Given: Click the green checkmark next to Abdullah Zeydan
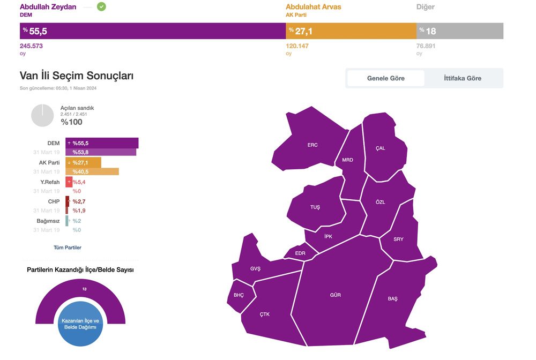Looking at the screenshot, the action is point(101,6).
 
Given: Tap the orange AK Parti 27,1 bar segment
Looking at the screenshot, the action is point(351,31).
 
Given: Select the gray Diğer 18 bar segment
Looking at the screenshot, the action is point(460,31).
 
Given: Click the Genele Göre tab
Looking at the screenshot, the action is point(386,78).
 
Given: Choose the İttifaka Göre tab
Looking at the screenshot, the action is point(463,78).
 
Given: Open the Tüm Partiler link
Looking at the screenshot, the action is point(68,247).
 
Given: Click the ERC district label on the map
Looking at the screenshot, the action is point(312,145).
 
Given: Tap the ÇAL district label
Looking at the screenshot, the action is point(380,148).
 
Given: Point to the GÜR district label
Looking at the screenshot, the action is point(336,295).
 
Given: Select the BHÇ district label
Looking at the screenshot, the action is point(239,295).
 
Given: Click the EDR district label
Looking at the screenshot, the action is point(300,253).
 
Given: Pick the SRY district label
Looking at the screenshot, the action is point(398,239).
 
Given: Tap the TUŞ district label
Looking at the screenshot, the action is point(315,207).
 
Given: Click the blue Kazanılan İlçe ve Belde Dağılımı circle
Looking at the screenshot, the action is point(80,324).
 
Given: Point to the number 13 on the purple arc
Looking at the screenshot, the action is point(85,289).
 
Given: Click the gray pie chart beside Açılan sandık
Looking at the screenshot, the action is point(42,115).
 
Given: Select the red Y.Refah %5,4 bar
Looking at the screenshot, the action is point(69,182).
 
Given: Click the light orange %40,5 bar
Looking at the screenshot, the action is point(92,171).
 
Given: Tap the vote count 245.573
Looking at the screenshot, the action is point(31,46).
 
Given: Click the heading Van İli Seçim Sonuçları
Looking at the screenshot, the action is point(77,76).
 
